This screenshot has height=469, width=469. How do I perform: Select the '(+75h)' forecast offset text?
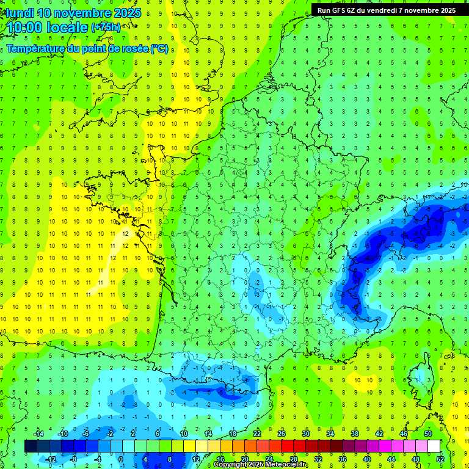pos(106,27)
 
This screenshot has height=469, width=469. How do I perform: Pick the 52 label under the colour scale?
pos(440,459)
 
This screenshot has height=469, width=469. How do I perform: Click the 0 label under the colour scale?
pos(121,459)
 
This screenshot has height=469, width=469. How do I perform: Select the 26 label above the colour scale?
pos(282,434)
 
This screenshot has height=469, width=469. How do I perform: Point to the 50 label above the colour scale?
pos(428,434)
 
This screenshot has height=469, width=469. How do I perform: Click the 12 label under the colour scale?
pos(195,459)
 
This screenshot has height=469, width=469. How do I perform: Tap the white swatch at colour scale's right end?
pos(434,446)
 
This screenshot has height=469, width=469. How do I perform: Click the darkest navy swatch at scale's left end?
pos(31,446)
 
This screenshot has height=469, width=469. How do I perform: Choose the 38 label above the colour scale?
pos(355,434)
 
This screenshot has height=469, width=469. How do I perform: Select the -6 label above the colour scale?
pos(86,434)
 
